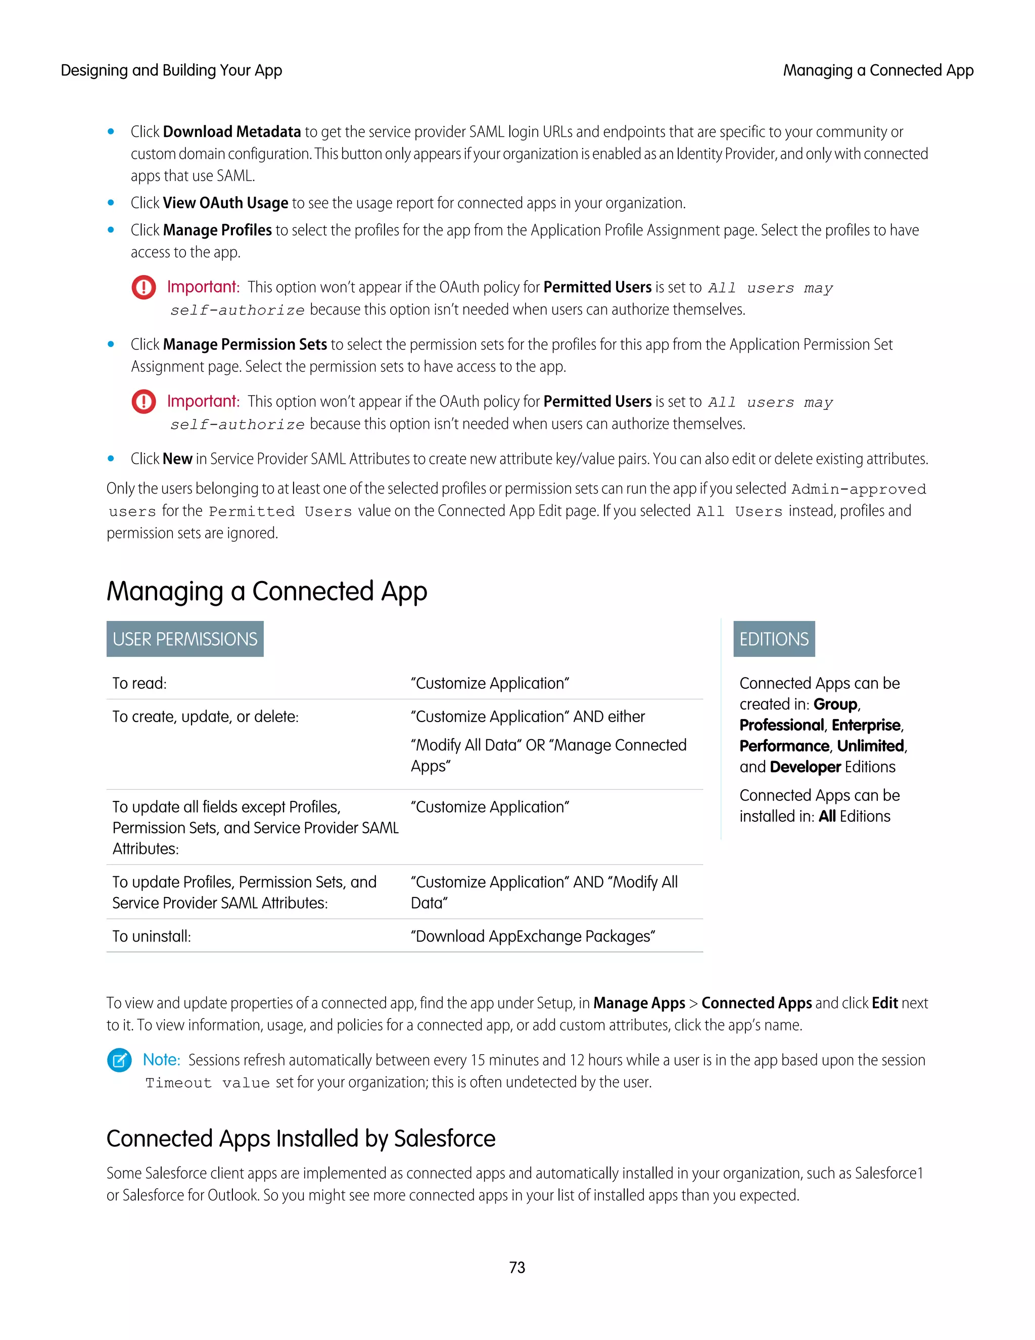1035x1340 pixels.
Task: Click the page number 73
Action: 517,1267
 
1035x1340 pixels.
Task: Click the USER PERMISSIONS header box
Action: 184,639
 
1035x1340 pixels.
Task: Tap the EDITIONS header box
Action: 773,639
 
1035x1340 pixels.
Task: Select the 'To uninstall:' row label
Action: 152,936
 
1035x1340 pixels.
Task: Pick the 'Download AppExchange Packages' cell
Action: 532,936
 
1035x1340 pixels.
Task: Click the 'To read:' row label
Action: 139,684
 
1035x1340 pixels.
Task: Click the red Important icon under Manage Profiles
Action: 144,287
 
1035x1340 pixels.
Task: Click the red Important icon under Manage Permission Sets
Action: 144,401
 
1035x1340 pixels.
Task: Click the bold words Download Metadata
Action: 232,132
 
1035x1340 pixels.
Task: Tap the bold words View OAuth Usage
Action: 225,203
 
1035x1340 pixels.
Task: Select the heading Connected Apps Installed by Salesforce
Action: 301,1139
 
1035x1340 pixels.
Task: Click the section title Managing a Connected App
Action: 267,592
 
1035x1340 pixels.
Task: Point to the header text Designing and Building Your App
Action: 171,71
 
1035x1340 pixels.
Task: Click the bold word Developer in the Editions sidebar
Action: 805,767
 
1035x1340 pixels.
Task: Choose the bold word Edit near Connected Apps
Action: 884,1003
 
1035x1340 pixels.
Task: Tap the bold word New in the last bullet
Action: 177,459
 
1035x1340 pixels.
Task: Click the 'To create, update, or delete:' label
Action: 205,717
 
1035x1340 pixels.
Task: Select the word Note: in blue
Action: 161,1059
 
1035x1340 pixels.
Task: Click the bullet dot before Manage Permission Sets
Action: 111,344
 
